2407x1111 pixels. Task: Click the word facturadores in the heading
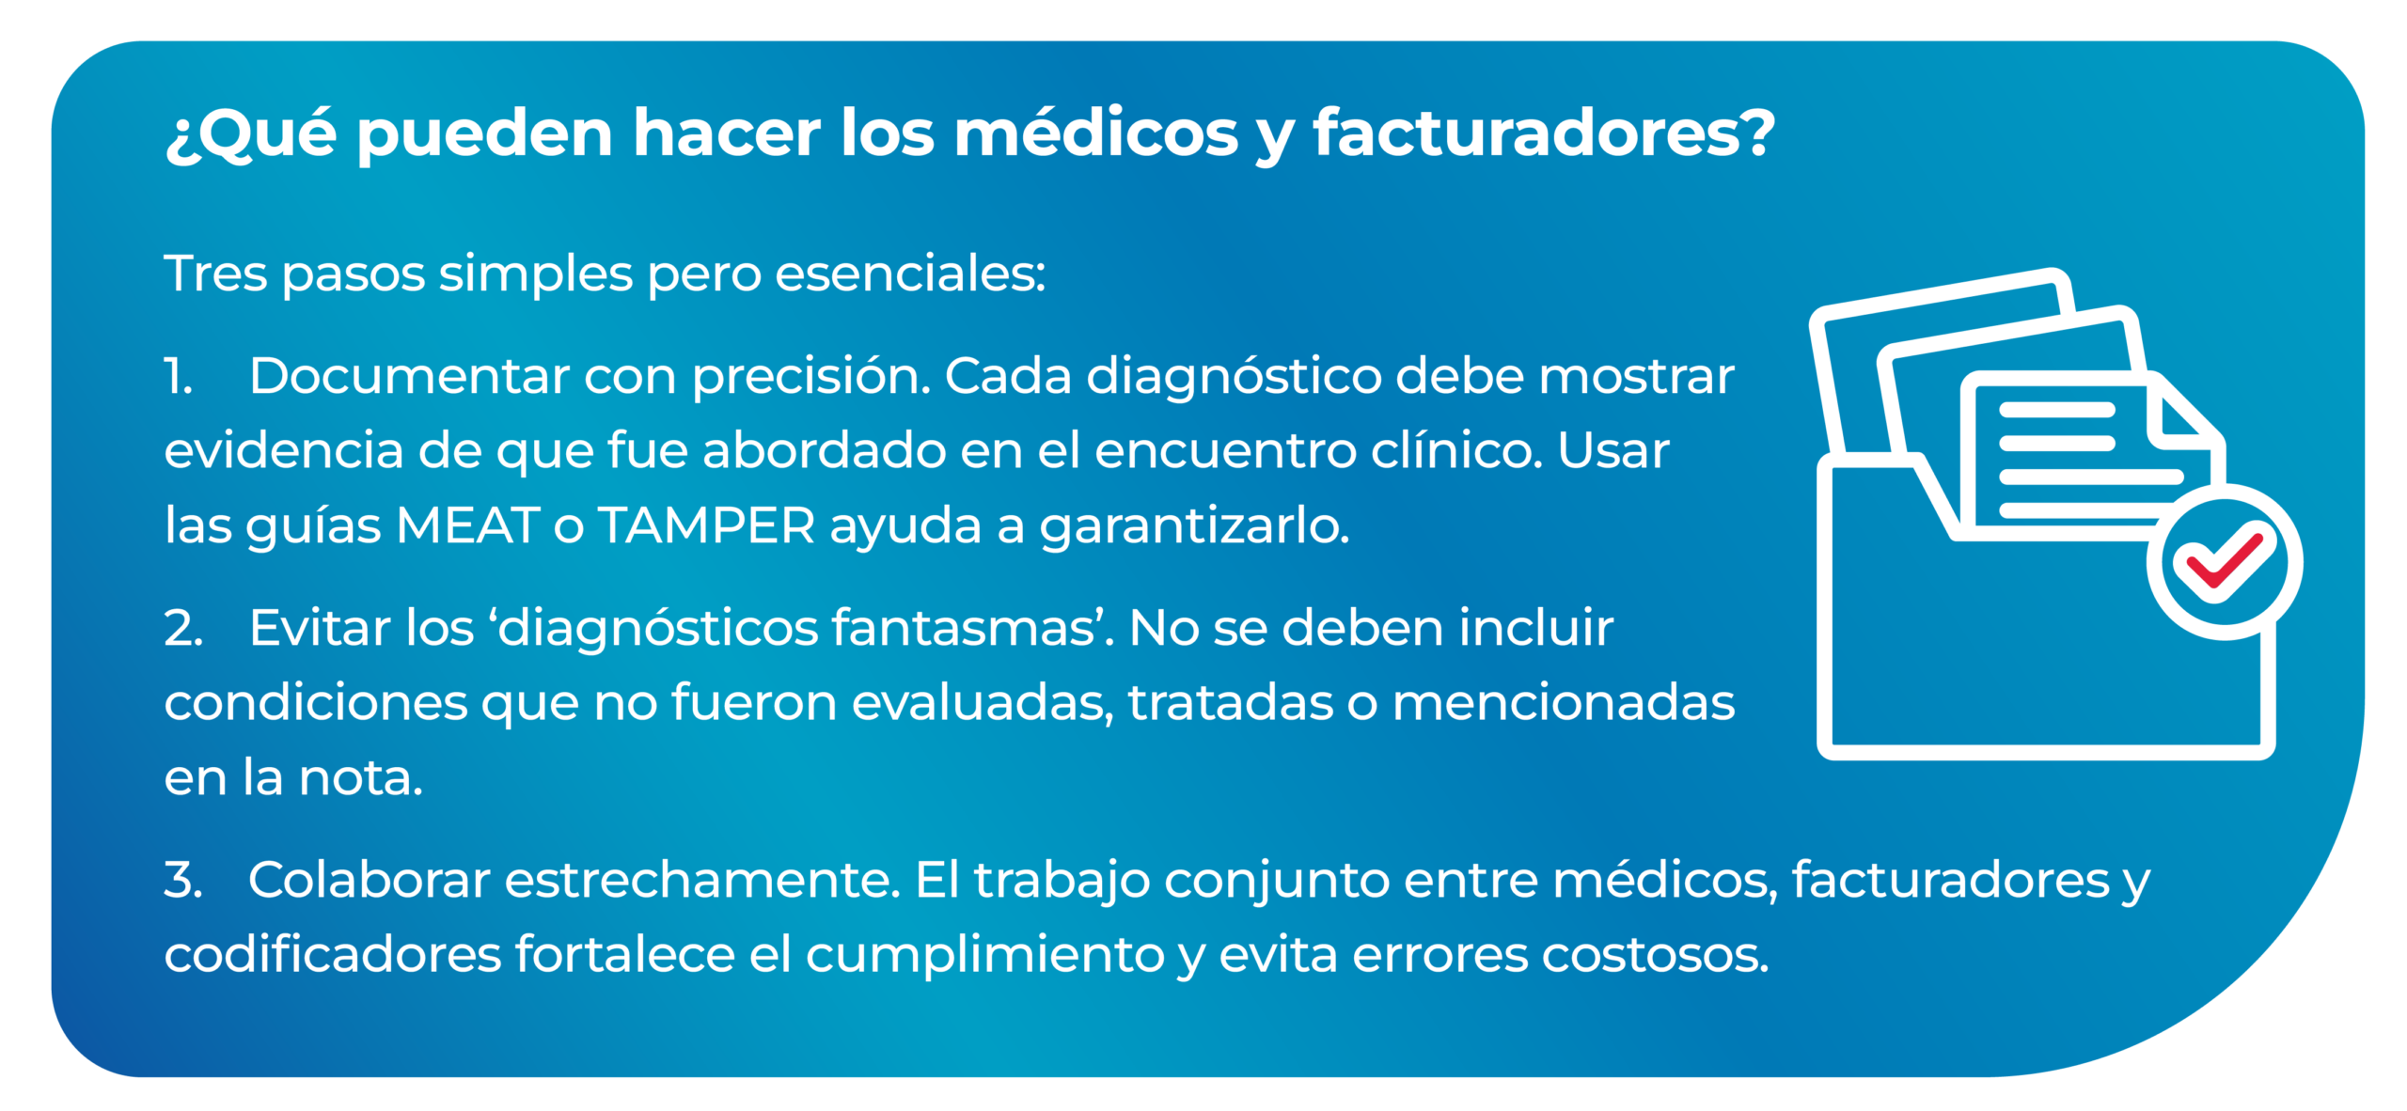click(x=1542, y=133)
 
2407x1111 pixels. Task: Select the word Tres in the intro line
click(x=215, y=274)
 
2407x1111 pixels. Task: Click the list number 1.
click(x=178, y=376)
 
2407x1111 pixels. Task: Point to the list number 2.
click(x=183, y=628)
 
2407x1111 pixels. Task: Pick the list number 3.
click(x=182, y=880)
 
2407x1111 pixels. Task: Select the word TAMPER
click(x=707, y=524)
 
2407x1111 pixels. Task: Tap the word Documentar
click(x=410, y=376)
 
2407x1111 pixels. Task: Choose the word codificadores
click(x=333, y=954)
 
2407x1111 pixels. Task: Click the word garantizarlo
click(x=1194, y=525)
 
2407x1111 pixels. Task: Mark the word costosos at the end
click(x=1654, y=955)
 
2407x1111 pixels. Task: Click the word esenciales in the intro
click(x=910, y=274)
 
